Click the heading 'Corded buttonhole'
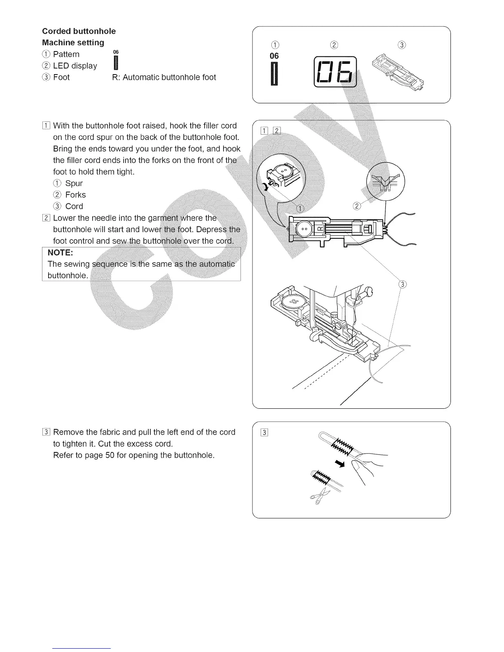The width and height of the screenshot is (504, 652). pos(79,31)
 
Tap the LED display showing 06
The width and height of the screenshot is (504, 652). pos(335,72)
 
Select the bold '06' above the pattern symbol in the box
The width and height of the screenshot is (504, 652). pos(274,56)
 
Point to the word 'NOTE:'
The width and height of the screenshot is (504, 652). pos(61,252)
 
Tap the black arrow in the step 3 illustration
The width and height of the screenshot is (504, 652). pos(339,464)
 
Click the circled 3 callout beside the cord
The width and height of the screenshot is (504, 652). pos(403,284)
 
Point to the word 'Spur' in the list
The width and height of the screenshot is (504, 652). pos(74,184)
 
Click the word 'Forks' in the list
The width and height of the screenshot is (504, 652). pos(76,195)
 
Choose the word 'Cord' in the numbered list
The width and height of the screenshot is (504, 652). pos(74,207)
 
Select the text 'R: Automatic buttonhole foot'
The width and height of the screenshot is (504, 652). pos(164,77)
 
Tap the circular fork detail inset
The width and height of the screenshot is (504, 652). pos(385,181)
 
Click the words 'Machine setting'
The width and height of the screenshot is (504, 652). pos(73,43)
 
